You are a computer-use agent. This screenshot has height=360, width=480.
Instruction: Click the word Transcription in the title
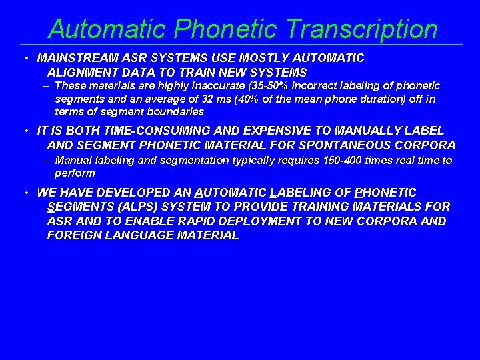361,29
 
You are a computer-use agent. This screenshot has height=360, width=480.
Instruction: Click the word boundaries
174,111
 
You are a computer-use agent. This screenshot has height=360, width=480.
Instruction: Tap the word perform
75,173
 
